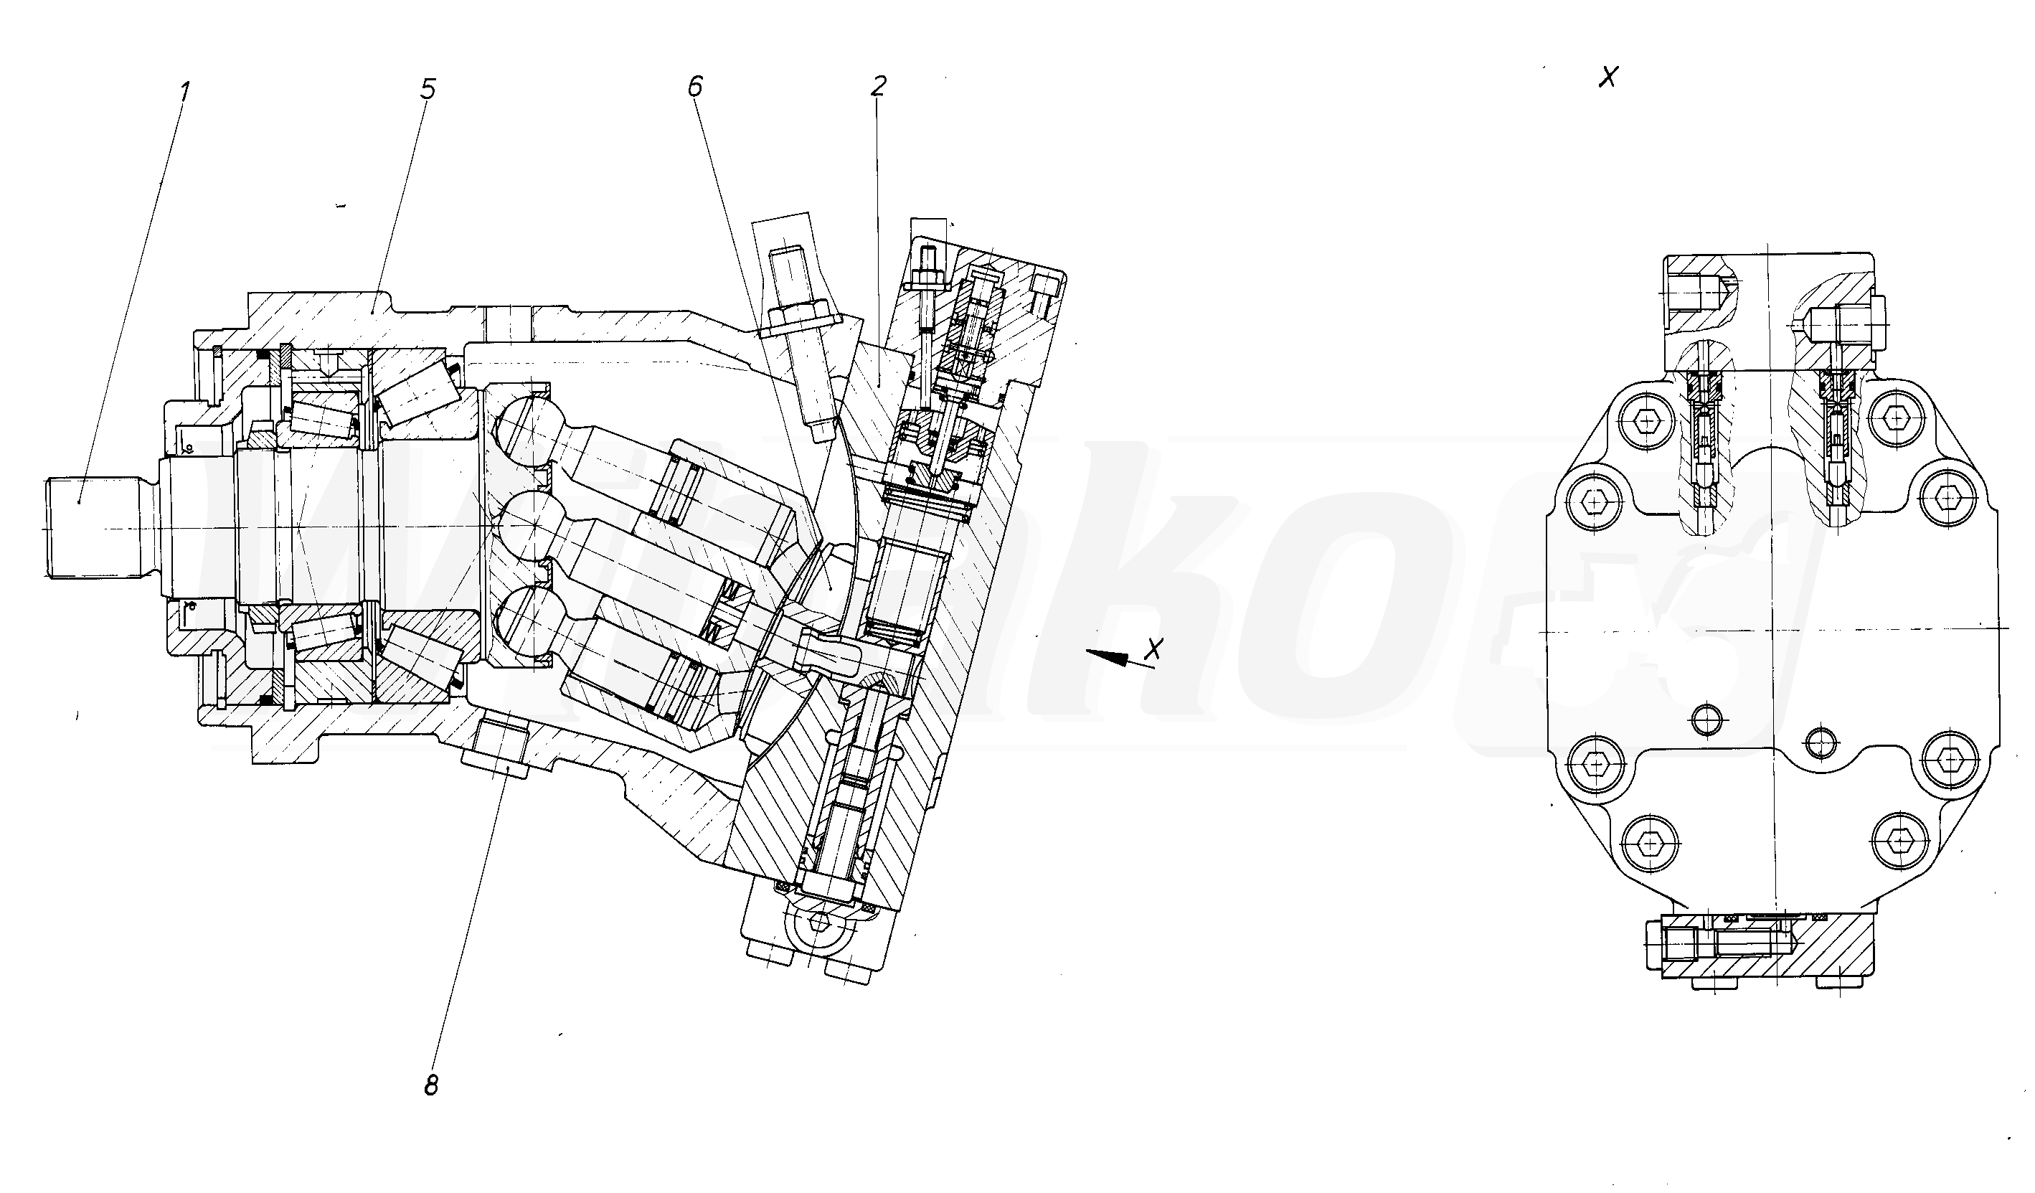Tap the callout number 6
click(x=695, y=86)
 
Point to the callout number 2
click(x=879, y=86)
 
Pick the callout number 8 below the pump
click(x=431, y=1085)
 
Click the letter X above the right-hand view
click(x=1610, y=77)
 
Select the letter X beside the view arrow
click(x=1156, y=649)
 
